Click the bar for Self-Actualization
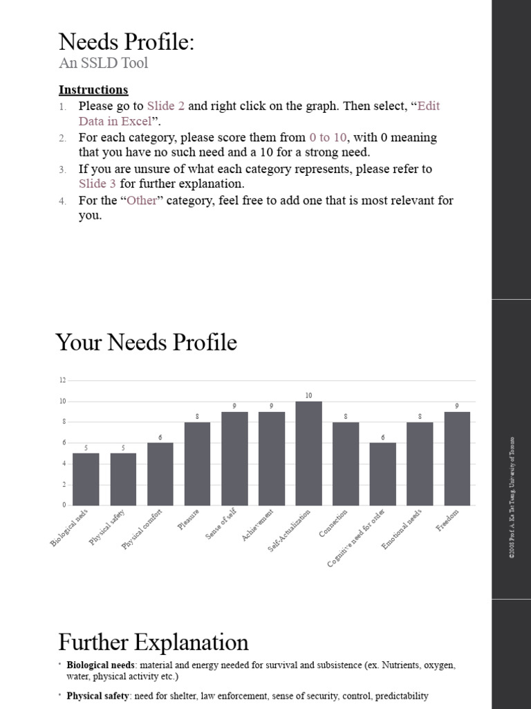[308, 454]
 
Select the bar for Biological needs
[86, 479]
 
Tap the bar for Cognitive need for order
[382, 474]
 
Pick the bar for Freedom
[457, 458]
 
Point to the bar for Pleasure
[197, 464]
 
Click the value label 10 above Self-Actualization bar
[308, 395]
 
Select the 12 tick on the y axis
[62, 380]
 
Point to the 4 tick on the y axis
[64, 464]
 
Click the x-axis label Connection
[334, 524]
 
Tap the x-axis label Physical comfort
[142, 531]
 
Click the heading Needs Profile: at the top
[127, 42]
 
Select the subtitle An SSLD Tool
[103, 64]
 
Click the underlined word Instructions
[93, 90]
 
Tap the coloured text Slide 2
[166, 106]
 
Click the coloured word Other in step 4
[142, 201]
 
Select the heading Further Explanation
[153, 642]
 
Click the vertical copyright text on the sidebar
[512, 497]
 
